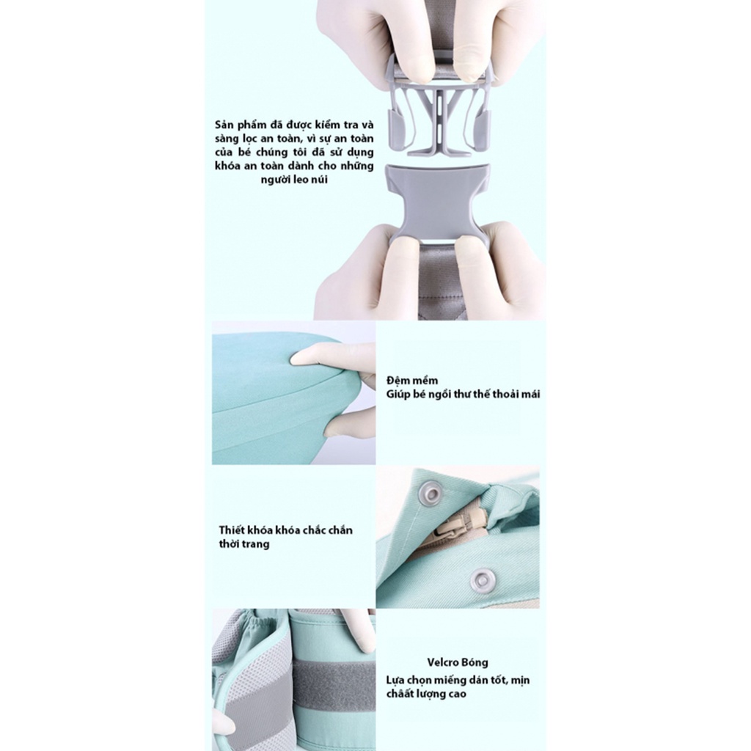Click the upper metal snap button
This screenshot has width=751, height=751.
pyautogui.click(x=429, y=494)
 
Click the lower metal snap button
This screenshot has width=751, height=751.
pyautogui.click(x=482, y=580)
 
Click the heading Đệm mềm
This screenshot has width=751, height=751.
pyautogui.click(x=413, y=381)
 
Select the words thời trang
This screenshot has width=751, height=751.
pyautogui.click(x=244, y=544)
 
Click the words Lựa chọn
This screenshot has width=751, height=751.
pyautogui.click(x=409, y=680)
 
